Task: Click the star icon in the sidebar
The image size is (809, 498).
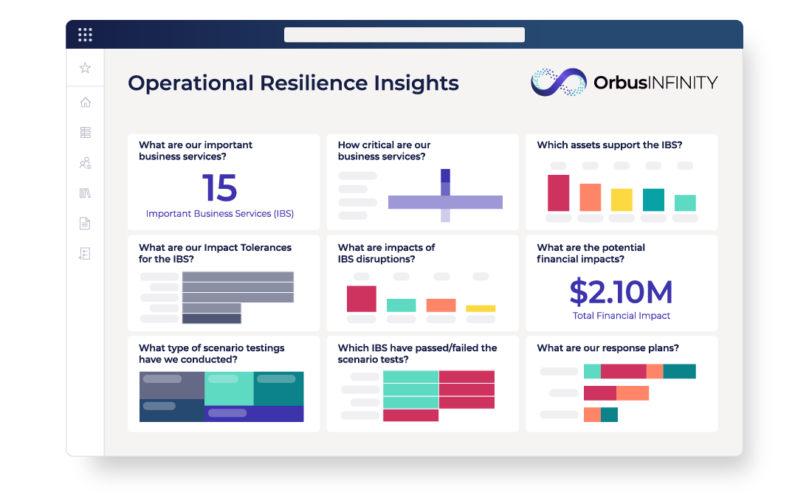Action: click(x=85, y=68)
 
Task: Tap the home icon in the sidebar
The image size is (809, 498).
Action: click(x=86, y=102)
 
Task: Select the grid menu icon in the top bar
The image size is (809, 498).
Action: click(x=85, y=35)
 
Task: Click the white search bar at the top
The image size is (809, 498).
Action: click(x=404, y=35)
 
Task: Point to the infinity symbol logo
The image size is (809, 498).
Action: click(x=559, y=82)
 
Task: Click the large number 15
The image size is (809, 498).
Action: click(x=220, y=187)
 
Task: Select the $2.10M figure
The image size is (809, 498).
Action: click(x=622, y=292)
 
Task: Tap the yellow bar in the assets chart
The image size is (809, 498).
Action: click(x=622, y=199)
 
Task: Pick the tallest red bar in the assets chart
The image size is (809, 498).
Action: click(x=558, y=193)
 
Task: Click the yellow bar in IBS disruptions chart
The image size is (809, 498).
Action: click(x=481, y=308)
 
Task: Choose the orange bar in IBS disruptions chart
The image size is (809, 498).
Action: click(x=441, y=305)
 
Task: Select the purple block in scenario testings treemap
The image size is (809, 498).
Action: click(x=254, y=413)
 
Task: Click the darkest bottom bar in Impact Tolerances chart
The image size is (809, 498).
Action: click(x=212, y=319)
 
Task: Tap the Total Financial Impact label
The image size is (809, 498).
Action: click(x=622, y=316)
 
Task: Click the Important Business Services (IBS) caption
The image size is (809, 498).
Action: click(x=220, y=213)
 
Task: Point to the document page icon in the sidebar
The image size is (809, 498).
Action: click(x=85, y=224)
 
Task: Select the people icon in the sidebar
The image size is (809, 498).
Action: click(x=86, y=163)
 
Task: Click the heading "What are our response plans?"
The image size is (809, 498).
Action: click(x=607, y=348)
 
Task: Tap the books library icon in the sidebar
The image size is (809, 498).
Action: click(x=85, y=193)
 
